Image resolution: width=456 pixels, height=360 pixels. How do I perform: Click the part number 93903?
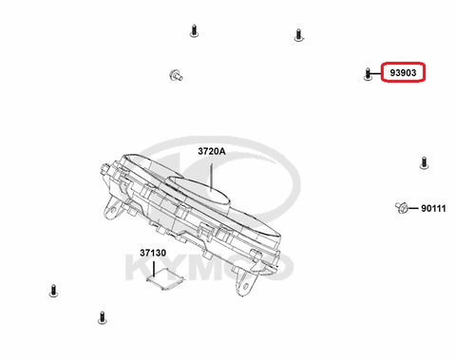pos(403,73)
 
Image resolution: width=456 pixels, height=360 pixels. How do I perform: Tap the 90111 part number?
pos(433,209)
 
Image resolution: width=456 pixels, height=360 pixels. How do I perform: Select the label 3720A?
pos(212,151)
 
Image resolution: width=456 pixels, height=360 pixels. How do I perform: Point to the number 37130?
pos(153,253)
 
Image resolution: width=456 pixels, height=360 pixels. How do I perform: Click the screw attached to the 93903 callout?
pos(368,74)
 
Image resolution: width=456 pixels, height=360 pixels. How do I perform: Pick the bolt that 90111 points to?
pos(402,208)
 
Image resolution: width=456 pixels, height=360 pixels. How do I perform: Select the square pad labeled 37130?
pos(165,279)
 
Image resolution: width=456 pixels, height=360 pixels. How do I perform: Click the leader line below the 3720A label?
pos(211,178)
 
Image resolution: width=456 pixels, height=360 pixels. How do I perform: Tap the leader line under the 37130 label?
pos(154,269)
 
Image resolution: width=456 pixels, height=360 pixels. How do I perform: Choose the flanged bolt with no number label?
pos(176,75)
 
